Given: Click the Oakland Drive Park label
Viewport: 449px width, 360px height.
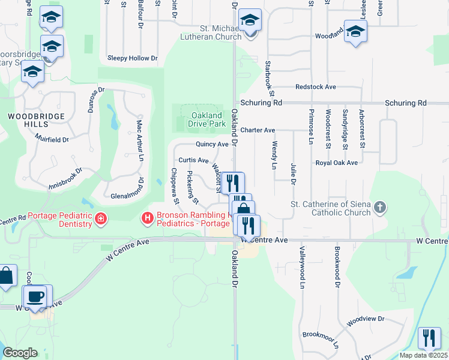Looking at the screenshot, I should click(206, 119).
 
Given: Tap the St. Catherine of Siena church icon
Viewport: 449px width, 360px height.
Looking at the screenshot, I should click(379, 208).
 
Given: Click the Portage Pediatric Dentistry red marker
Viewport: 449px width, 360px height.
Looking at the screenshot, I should click(101, 220).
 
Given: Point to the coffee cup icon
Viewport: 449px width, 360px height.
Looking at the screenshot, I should click(35, 296).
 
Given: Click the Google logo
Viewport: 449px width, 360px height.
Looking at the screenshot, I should click(20, 353).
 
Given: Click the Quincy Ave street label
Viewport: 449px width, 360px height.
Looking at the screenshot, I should click(212, 144).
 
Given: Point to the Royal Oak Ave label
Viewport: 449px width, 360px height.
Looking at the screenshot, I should click(337, 163).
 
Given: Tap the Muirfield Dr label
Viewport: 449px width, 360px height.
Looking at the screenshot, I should click(53, 140).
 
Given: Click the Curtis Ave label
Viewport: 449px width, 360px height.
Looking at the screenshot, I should click(193, 160).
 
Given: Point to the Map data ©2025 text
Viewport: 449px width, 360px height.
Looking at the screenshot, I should click(423, 355).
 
